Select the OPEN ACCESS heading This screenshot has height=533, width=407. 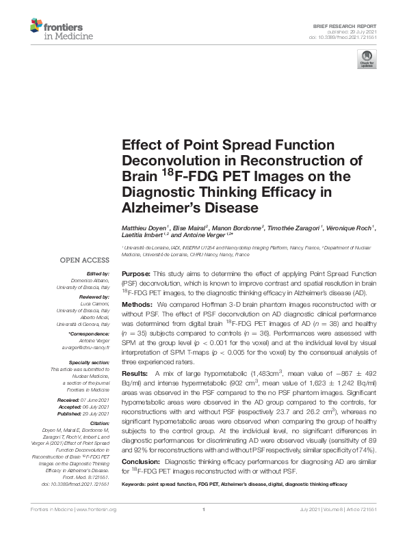point(86,260)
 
